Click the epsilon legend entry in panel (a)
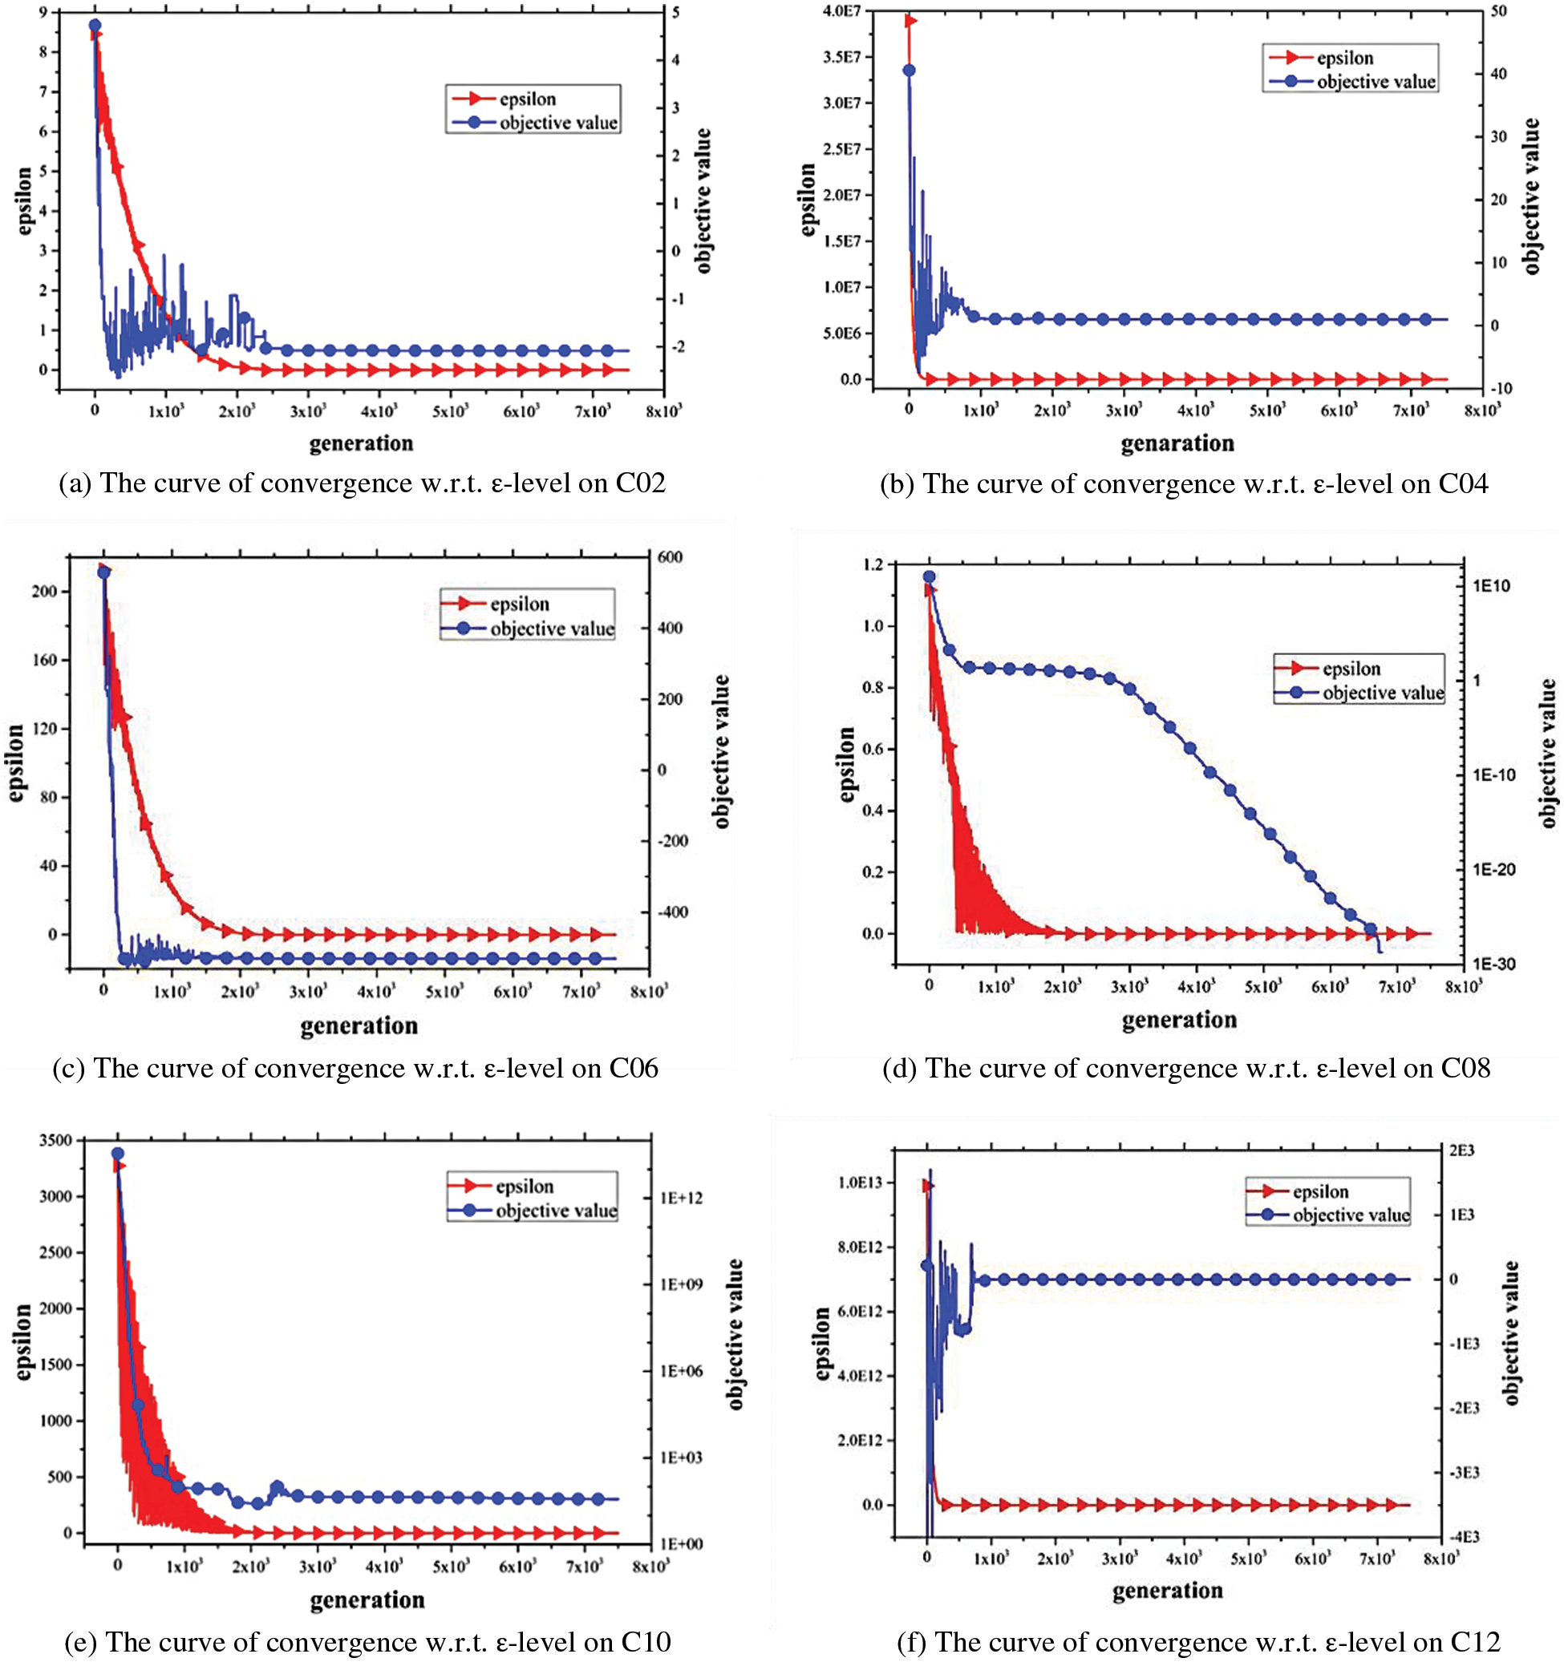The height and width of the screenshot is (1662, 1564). tap(527, 99)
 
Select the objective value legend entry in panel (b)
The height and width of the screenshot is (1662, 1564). tap(1375, 82)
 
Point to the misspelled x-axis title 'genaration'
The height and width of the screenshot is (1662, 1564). tap(1177, 443)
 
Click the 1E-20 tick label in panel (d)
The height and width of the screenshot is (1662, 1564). tap(1493, 869)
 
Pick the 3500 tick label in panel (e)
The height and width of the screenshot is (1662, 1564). tap(56, 1140)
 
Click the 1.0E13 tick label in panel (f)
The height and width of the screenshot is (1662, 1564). tap(860, 1182)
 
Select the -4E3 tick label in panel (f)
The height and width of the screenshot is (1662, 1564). tap(1464, 1537)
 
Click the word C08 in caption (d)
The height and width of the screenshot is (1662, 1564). tap(1465, 1069)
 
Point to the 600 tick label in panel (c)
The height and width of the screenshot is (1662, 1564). tap(669, 556)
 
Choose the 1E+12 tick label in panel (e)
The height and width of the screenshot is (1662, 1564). tap(681, 1198)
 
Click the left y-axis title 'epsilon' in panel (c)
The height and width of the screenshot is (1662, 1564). tap(16, 763)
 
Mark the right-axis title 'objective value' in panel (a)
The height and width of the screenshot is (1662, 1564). tap(703, 200)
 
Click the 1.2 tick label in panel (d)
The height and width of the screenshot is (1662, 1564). tap(873, 565)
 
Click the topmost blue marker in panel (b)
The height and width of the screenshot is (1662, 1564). tap(910, 71)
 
